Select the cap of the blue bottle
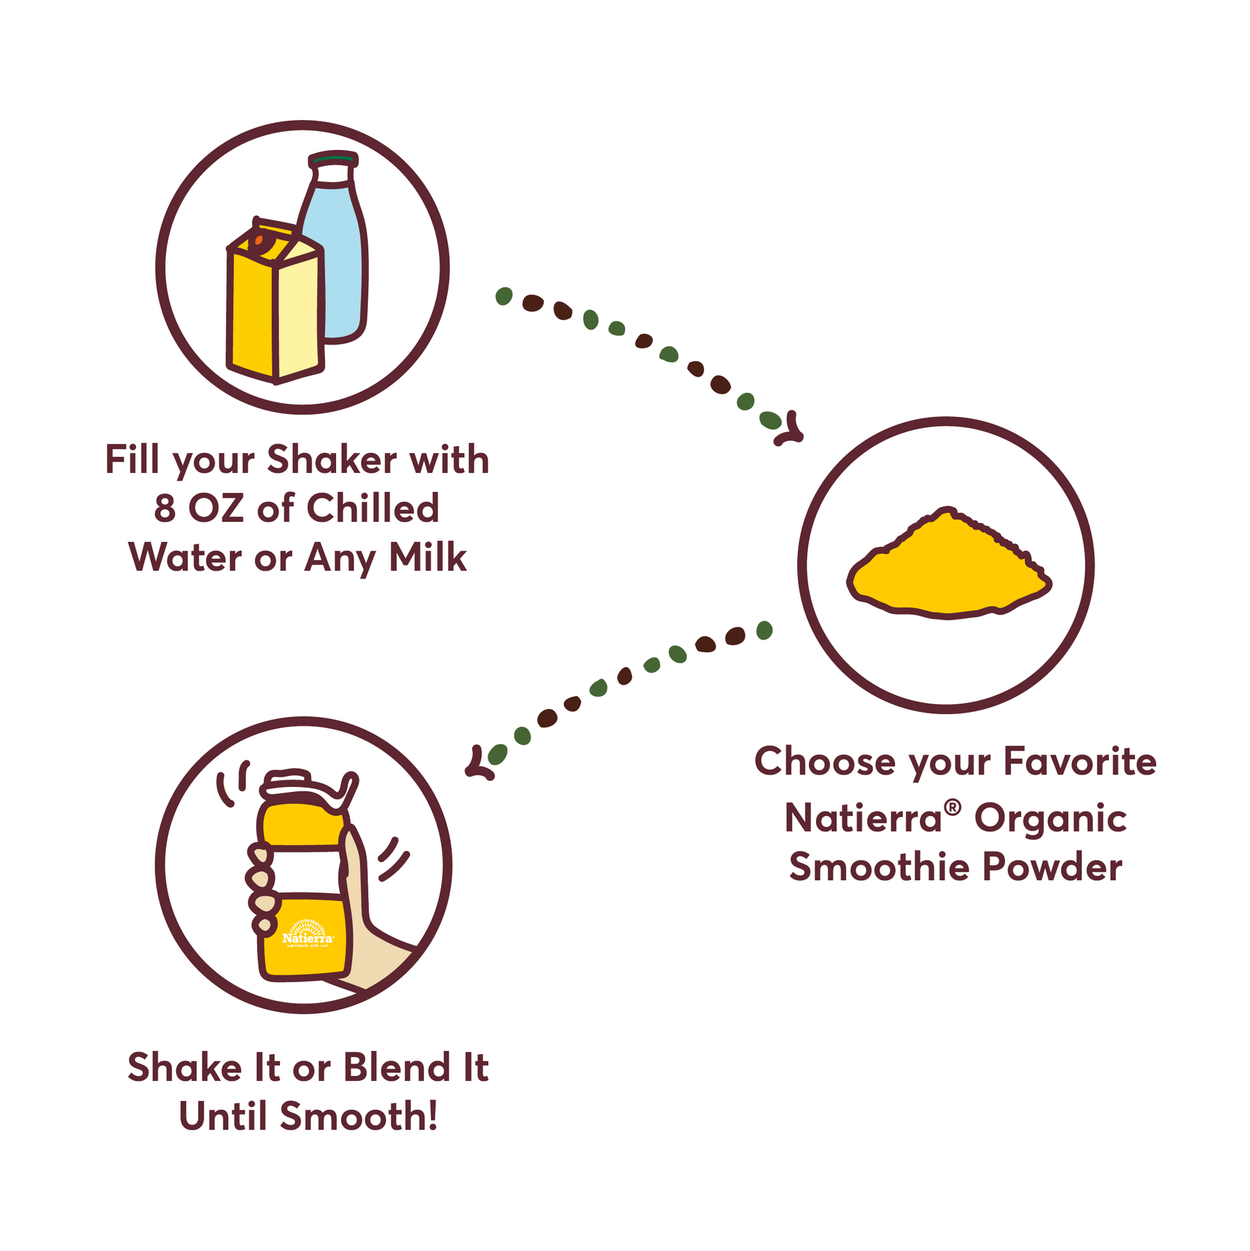[333, 161]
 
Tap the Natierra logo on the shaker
[308, 934]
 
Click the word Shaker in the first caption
[332, 460]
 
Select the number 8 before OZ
[165, 508]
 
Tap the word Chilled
[373, 508]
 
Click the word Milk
[428, 557]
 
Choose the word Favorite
[1081, 761]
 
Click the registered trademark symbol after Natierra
[953, 806]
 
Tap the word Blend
[397, 1067]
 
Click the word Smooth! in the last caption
[359, 1116]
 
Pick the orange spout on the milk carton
[258, 241]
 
